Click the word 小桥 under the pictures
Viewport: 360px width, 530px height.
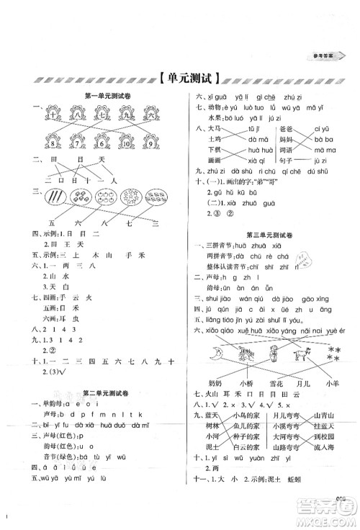click(247, 382)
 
